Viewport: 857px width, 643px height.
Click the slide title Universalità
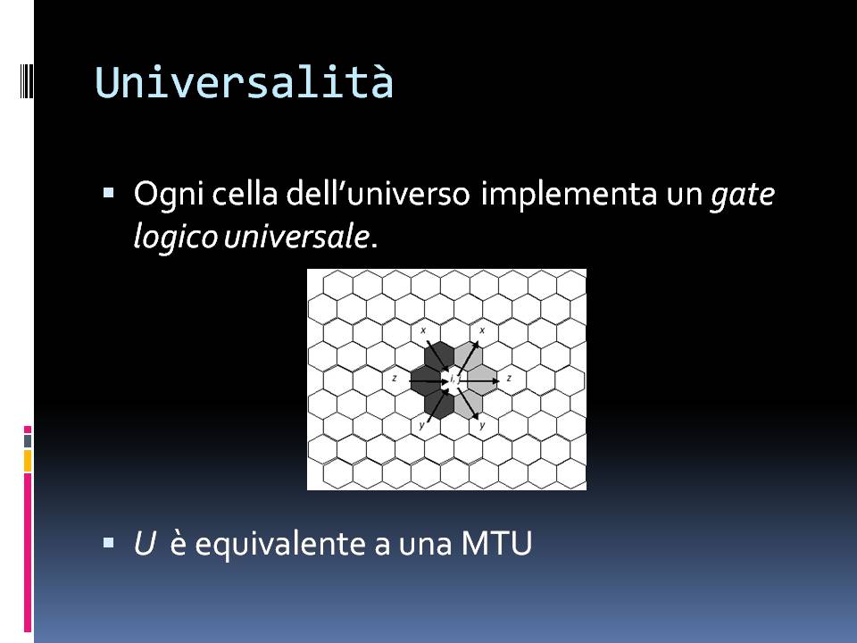coord(244,82)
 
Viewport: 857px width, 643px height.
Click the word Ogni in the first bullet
coord(169,195)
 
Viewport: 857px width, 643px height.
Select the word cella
coord(245,193)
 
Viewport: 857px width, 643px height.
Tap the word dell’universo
coord(379,193)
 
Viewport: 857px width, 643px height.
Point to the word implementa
coord(569,195)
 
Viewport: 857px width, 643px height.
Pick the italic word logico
coord(175,238)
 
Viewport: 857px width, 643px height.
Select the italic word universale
coord(296,236)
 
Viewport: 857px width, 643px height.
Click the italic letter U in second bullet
coord(145,544)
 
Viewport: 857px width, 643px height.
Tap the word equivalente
coord(280,545)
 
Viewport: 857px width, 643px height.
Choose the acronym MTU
coord(496,544)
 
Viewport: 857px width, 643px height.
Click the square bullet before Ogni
coord(108,193)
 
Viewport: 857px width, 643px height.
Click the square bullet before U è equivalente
coord(108,543)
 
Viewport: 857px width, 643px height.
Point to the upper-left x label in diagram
coord(422,330)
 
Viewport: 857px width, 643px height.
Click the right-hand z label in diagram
coord(509,378)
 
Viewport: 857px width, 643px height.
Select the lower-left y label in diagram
coord(421,425)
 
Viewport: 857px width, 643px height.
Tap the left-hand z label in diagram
coord(394,378)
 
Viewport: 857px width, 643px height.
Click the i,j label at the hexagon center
coord(452,379)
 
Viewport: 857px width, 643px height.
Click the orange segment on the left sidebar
coord(28,461)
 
